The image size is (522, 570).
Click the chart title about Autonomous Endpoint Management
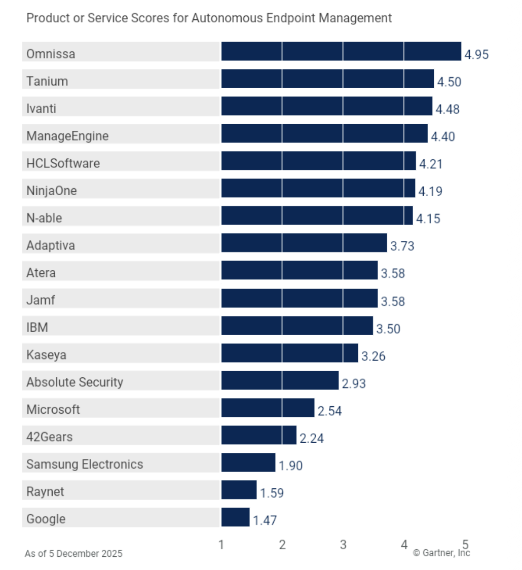coord(209,18)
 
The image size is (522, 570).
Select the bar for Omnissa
coord(341,52)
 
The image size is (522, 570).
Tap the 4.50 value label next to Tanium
coord(450,82)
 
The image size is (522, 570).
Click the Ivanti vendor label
coord(41,109)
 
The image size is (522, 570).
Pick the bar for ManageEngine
coord(324,134)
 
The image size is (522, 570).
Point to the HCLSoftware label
coord(63,163)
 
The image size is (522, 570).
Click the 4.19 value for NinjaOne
coord(430,191)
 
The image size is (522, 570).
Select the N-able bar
coord(317,216)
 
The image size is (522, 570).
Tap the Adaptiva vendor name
coord(51,245)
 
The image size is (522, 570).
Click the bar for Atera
coord(300,271)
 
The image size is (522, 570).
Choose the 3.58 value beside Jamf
coord(393,302)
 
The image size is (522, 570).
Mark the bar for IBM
coord(297,326)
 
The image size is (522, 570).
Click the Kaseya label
coord(46,355)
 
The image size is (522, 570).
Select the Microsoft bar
coord(268,408)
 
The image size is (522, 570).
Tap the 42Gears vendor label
coord(49,437)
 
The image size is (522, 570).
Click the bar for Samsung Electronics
coord(248,462)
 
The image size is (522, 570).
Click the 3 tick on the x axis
coord(343,545)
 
